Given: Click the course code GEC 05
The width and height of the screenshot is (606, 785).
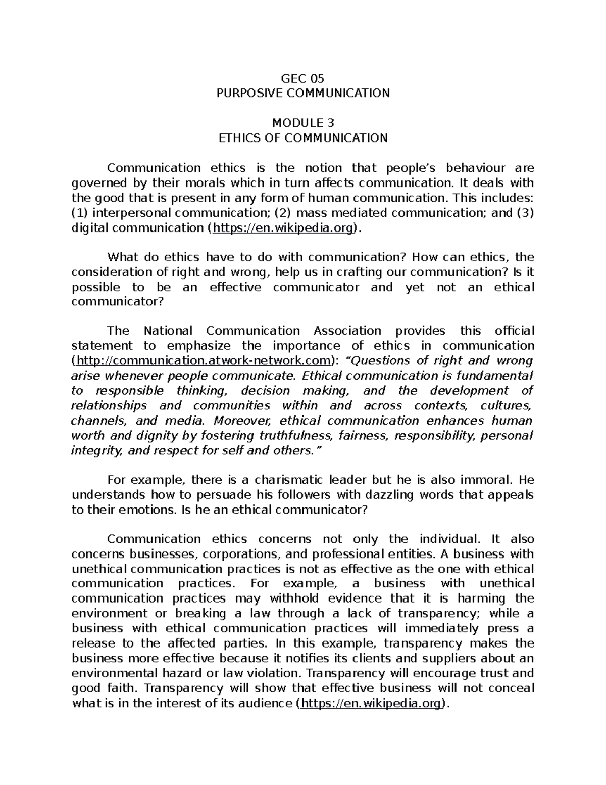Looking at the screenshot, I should tap(302, 78).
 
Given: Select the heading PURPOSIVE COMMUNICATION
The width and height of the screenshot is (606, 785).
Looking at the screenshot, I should tap(302, 93).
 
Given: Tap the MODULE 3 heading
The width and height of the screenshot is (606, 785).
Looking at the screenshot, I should tap(302, 123).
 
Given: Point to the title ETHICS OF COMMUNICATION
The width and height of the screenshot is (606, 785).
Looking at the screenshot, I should tap(302, 138).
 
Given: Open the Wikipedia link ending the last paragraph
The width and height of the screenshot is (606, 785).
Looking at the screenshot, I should tap(370, 703).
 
